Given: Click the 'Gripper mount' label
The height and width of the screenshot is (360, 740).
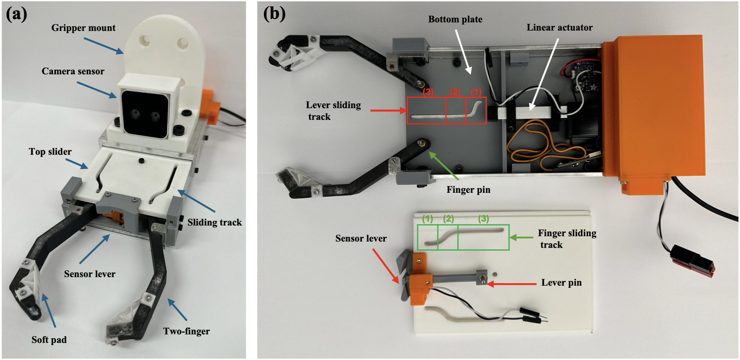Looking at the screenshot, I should (83, 28).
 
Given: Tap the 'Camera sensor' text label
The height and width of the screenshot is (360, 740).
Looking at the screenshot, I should (73, 71).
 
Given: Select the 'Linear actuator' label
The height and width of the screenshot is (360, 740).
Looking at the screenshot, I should (559, 27).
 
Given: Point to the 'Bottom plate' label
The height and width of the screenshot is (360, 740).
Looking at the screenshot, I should (455, 19).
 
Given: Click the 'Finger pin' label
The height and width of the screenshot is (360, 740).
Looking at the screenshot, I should (468, 190).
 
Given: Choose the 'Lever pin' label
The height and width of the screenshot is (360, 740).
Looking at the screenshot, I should (561, 282).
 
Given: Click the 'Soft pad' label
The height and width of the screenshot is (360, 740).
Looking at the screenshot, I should (49, 340).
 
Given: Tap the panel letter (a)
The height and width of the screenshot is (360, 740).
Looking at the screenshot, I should (16, 14).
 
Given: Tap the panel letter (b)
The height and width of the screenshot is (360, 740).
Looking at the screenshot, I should (274, 14).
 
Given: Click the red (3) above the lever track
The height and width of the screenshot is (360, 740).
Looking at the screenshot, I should (428, 92).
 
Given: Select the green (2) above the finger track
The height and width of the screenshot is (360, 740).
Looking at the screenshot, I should (448, 219).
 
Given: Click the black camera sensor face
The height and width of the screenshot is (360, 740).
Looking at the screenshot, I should (146, 113).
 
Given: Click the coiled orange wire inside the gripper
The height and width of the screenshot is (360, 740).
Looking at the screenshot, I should (541, 146).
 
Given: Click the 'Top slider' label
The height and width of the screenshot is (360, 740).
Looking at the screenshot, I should (50, 152).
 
